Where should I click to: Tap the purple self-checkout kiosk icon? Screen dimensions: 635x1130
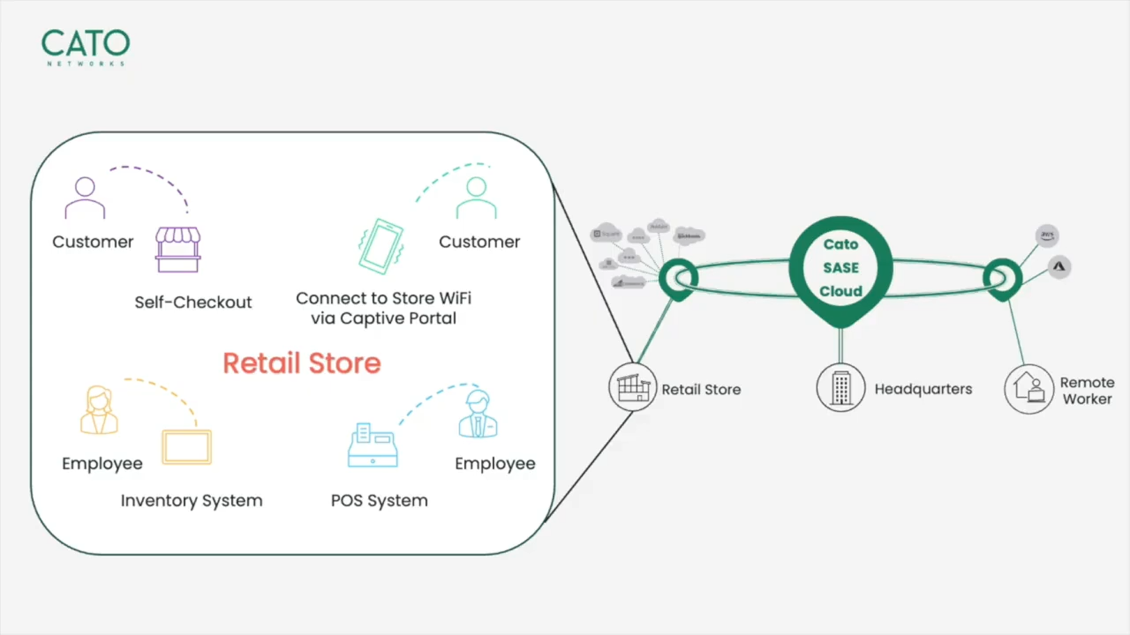point(178,249)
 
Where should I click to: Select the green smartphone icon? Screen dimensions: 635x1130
point(381,246)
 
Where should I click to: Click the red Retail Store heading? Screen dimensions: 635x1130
point(302,363)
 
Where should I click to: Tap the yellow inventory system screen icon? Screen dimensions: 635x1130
point(187,447)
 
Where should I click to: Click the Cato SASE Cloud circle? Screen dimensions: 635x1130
point(841,268)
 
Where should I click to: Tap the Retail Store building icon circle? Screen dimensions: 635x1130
point(633,387)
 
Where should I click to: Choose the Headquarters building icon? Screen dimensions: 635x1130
point(841,387)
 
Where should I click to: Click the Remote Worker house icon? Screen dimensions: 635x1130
point(1029,389)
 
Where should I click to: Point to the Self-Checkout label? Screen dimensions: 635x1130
point(193,302)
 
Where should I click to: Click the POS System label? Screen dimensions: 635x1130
point(379,500)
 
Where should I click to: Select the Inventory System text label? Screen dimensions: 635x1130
point(191,500)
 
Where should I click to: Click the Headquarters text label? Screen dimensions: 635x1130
point(923,389)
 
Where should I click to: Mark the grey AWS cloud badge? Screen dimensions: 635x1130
point(1047,235)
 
